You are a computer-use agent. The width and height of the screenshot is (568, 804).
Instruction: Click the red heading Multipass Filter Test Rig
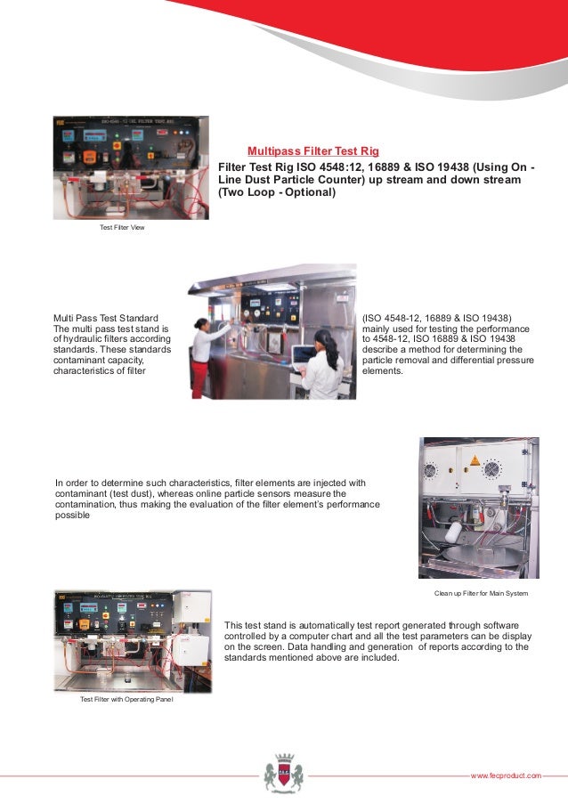coord(312,151)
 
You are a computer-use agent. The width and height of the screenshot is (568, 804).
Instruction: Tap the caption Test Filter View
coord(122,228)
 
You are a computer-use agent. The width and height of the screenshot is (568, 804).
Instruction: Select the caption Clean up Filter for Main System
coord(481,592)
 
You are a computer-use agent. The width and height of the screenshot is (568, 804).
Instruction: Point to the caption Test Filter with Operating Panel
coord(126,700)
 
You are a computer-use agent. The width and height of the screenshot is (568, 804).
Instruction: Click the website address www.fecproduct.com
coord(505,776)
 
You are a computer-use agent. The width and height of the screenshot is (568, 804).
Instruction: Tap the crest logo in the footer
coord(283,771)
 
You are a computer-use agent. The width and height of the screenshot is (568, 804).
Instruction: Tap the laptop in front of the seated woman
coord(304,354)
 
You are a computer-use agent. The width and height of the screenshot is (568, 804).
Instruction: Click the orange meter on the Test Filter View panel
coord(90,157)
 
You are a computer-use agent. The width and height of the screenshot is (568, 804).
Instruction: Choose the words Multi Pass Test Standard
coord(106,318)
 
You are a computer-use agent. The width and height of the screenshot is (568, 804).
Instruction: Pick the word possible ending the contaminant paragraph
coord(72,516)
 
